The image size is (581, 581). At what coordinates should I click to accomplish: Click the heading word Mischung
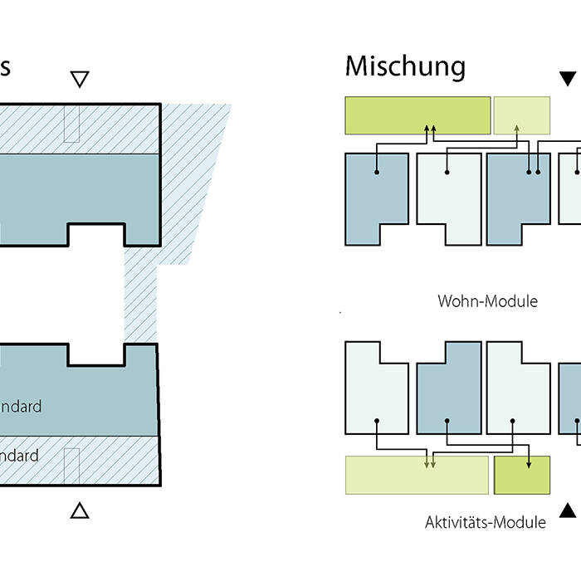[x=405, y=66]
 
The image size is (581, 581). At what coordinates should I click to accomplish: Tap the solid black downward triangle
[x=568, y=79]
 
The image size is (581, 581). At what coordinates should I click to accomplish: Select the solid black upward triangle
[x=568, y=510]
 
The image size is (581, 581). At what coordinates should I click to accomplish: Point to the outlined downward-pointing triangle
[x=80, y=80]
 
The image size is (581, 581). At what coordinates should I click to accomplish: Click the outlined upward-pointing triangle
[x=80, y=510]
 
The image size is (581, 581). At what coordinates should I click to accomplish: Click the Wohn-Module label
[x=487, y=300]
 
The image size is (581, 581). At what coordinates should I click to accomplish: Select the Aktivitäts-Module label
[x=486, y=522]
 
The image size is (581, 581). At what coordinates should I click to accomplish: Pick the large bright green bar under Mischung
[x=417, y=115]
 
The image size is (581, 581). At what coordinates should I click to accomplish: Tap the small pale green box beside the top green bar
[x=522, y=115]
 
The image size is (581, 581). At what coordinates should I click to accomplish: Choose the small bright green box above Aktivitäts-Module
[x=522, y=475]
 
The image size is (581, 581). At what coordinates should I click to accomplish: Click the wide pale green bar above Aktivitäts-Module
[x=417, y=475]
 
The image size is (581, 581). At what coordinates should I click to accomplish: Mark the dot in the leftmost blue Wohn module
[x=377, y=173]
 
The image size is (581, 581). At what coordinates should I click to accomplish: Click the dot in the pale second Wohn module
[x=447, y=173]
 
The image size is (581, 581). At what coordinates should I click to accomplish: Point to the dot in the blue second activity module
[x=447, y=420]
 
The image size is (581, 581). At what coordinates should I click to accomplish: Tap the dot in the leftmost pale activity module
[x=377, y=420]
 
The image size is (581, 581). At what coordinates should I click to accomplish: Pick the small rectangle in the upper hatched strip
[x=71, y=124]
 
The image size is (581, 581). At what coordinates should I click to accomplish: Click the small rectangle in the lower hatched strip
[x=71, y=465]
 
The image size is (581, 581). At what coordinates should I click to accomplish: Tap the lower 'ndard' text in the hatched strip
[x=19, y=456]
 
